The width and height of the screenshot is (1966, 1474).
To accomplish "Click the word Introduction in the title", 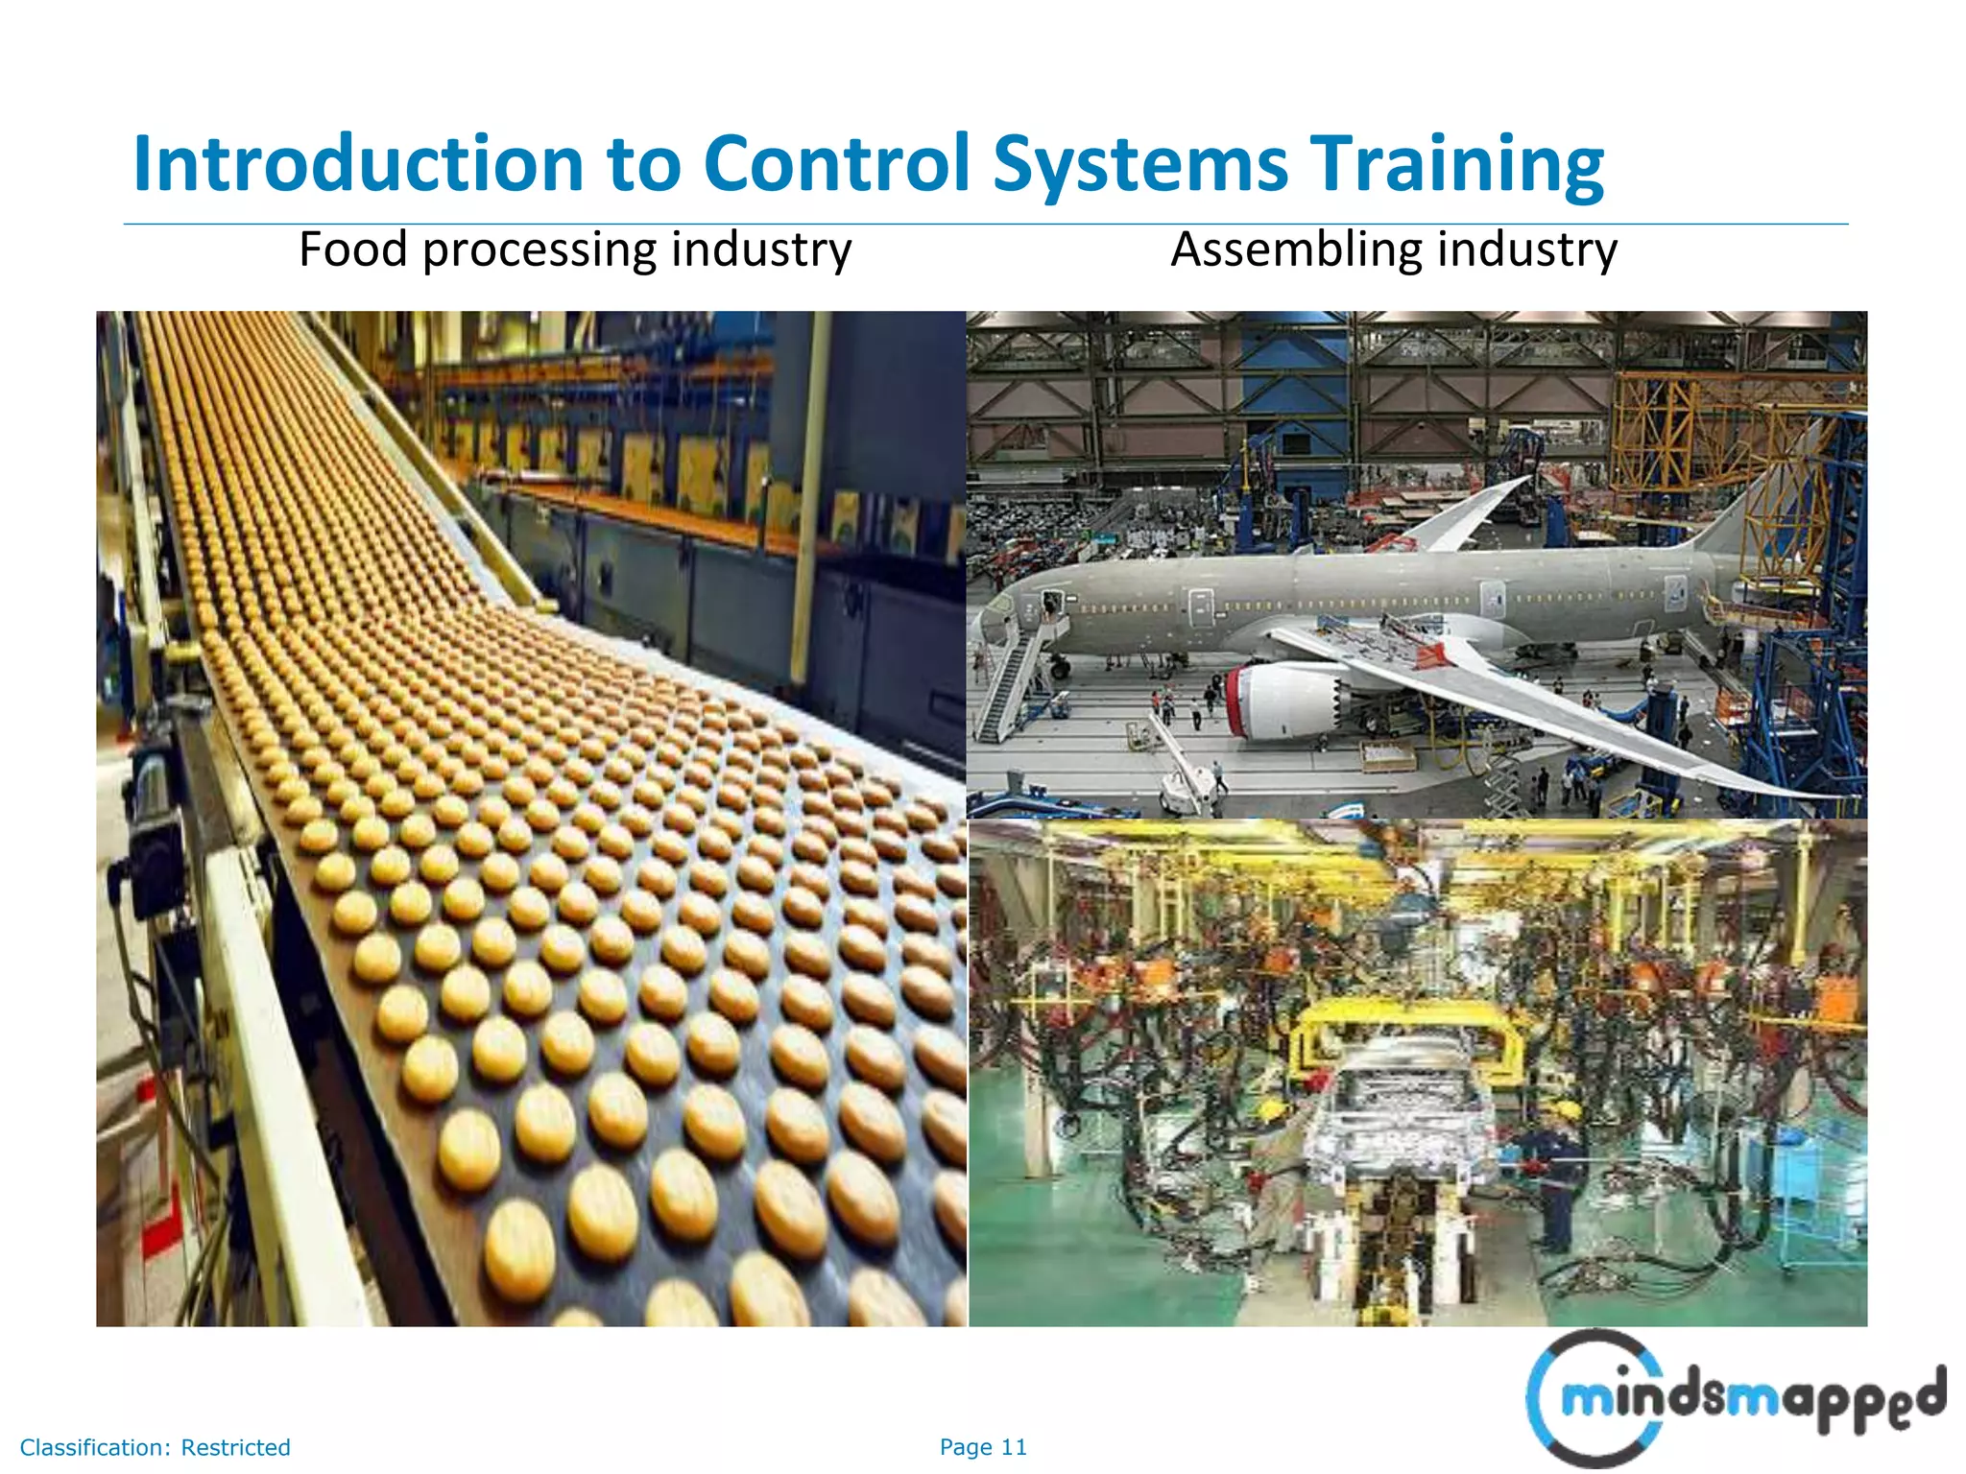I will (358, 164).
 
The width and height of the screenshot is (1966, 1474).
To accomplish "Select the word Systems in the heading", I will (1140, 164).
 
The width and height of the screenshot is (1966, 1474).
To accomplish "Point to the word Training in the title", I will (1456, 164).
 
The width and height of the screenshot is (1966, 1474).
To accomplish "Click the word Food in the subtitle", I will (352, 250).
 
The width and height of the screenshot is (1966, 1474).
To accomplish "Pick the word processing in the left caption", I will (539, 251).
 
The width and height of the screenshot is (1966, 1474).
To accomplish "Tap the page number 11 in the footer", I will (1014, 1447).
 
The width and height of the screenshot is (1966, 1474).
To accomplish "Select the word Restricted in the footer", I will (235, 1447).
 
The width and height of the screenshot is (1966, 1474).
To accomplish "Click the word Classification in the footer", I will (93, 1447).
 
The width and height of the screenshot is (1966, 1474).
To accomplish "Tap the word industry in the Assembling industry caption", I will (1526, 250).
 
